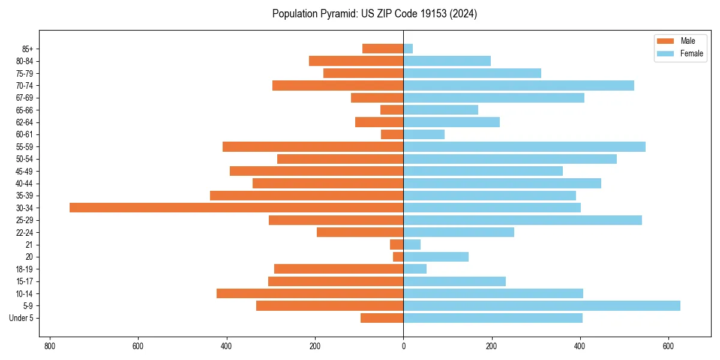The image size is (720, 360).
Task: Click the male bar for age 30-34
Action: [236, 208]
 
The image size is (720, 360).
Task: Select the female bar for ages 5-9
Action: [542, 306]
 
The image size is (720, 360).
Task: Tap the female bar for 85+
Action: [408, 49]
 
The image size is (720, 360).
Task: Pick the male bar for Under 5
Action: [382, 318]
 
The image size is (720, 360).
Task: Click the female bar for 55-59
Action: [524, 147]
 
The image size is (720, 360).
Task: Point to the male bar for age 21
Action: [397, 245]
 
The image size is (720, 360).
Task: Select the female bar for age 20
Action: [436, 257]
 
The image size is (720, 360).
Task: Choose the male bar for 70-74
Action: [338, 86]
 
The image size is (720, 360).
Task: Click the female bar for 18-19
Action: [415, 269]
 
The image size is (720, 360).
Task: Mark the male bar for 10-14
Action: [310, 293]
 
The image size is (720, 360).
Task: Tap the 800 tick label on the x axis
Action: [50, 346]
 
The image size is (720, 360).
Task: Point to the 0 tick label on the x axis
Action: [403, 346]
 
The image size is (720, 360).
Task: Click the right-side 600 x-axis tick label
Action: [668, 346]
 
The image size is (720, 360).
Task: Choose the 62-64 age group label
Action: [25, 122]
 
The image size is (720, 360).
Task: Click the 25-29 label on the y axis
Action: [25, 220]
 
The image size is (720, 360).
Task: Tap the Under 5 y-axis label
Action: [22, 318]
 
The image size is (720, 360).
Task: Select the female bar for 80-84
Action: [447, 61]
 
